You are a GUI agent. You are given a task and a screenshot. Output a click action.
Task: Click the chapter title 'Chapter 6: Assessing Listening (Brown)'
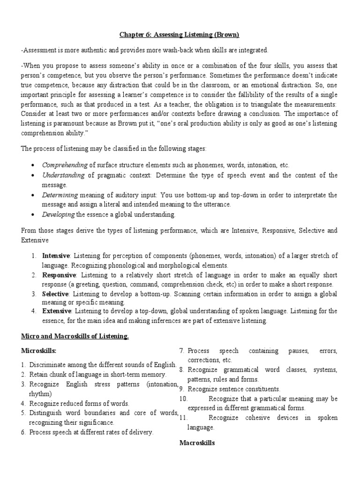[180, 34]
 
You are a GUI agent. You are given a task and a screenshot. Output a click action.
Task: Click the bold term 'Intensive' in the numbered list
[56, 256]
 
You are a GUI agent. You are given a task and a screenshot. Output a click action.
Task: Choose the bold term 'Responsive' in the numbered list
[59, 275]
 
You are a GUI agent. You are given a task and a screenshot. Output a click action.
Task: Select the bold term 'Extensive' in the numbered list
[56, 311]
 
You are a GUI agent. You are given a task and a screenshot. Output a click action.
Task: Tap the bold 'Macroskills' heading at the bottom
[197, 442]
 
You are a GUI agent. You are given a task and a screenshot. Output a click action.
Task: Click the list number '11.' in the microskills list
[184, 418]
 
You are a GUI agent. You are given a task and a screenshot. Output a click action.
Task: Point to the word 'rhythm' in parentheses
[40, 394]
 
